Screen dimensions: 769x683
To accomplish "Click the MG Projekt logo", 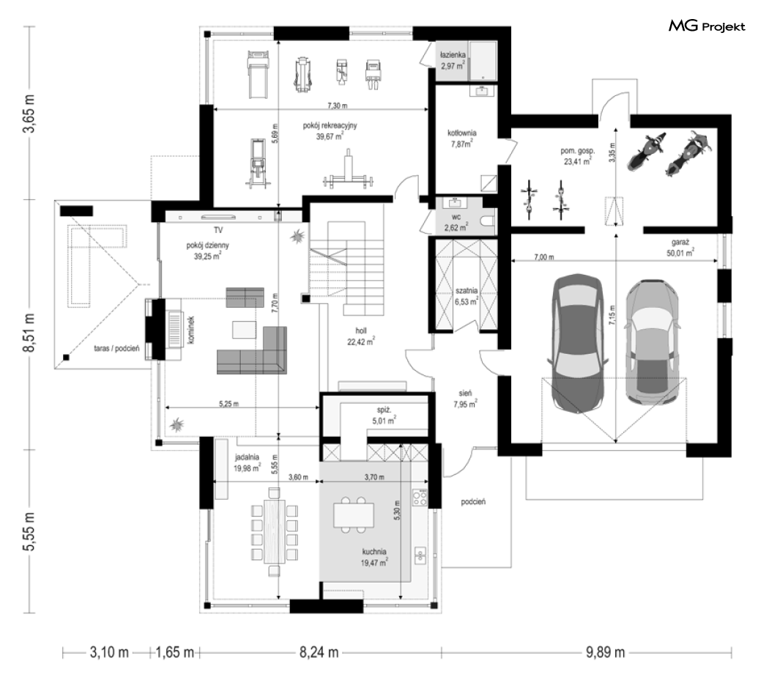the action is tap(707, 26).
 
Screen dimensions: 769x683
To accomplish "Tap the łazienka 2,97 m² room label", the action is tap(453, 60).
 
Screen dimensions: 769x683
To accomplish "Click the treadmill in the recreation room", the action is tap(258, 73).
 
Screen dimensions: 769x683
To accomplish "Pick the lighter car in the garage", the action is tap(653, 342).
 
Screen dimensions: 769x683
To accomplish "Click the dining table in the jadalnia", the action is tap(275, 531).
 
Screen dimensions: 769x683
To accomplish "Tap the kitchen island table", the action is tap(354, 514).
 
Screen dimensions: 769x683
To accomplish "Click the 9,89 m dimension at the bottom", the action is tap(605, 652).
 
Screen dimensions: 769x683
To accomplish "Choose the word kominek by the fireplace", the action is tap(190, 330).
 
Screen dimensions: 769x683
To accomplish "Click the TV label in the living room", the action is tap(218, 229).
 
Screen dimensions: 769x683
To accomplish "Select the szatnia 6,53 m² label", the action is tap(466, 296).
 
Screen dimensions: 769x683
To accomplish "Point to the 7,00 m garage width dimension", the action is tap(544, 256).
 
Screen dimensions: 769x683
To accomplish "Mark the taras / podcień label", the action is tap(116, 348).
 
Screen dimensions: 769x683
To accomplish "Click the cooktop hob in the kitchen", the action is tap(420, 498).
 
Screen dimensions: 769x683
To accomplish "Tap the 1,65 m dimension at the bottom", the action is tap(174, 652).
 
